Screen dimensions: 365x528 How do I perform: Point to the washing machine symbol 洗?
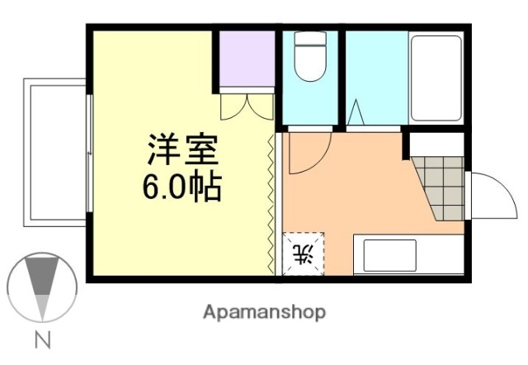[304, 254]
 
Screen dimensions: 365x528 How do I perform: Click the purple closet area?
[245, 59]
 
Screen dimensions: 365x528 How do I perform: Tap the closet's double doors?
[247, 106]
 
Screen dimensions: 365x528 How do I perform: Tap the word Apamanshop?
[263, 312]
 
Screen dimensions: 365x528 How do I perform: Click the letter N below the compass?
[41, 339]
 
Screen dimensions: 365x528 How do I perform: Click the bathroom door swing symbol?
[356, 113]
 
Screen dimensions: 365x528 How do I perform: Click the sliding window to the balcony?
[88, 154]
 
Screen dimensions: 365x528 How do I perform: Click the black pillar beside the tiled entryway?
[406, 145]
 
